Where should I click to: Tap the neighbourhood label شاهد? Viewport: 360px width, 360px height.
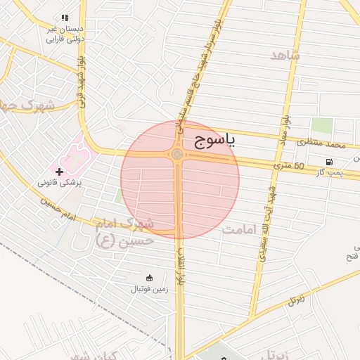pyautogui.click(x=284, y=55)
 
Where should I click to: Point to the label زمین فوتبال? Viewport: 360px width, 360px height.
pyautogui.click(x=149, y=289)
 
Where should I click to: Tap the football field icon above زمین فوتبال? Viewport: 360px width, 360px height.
pyautogui.click(x=149, y=277)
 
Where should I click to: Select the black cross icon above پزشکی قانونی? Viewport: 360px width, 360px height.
pyautogui.click(x=59, y=172)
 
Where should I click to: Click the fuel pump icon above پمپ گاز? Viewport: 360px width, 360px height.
pyautogui.click(x=329, y=162)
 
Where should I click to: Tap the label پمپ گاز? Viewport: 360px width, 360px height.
pyautogui.click(x=329, y=172)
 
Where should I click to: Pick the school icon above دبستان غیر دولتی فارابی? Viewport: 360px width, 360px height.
pyautogui.click(x=65, y=18)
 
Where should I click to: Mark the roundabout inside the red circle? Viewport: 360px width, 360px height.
pyautogui.click(x=177, y=154)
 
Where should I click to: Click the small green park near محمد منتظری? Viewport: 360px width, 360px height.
pyautogui.click(x=322, y=126)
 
